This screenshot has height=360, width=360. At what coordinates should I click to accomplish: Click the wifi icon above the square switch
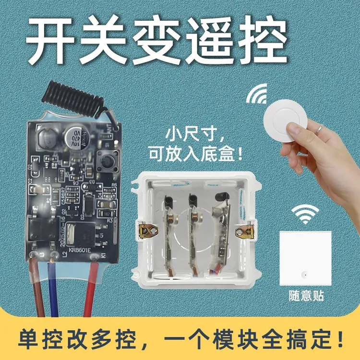tap(306, 215)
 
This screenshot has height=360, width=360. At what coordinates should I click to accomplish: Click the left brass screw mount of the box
tap(146, 228)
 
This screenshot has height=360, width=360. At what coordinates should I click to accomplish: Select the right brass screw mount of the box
tap(246, 227)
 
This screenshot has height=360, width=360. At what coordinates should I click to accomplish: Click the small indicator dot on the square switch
tap(304, 275)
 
